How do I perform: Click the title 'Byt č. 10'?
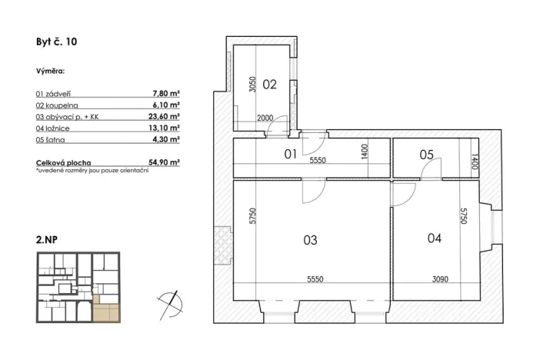[x=56, y=43]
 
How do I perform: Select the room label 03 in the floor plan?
[x=310, y=240]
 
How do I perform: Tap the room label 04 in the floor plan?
[x=434, y=238]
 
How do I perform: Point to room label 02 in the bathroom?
[x=269, y=85]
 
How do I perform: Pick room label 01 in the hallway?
[x=290, y=154]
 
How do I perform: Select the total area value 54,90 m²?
[x=163, y=163]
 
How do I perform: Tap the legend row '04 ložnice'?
[x=58, y=128]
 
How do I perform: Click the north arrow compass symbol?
[x=169, y=301]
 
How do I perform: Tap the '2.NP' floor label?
[x=47, y=239]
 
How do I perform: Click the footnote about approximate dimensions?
[x=92, y=170]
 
